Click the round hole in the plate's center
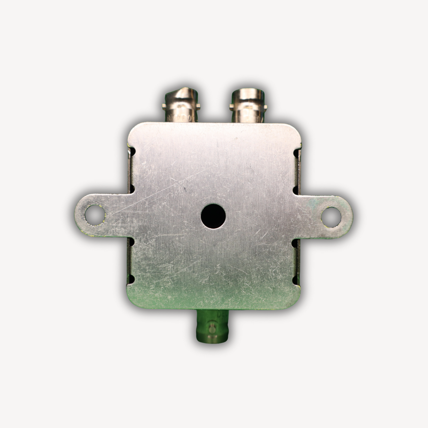pyautogui.click(x=213, y=216)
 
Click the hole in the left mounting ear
pyautogui.click(x=95, y=215)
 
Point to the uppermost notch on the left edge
pyautogui.click(x=133, y=151)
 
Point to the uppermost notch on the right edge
pyautogui.click(x=295, y=152)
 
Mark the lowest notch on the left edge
pyautogui.click(x=132, y=280)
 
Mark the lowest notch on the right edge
pyautogui.click(x=295, y=280)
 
